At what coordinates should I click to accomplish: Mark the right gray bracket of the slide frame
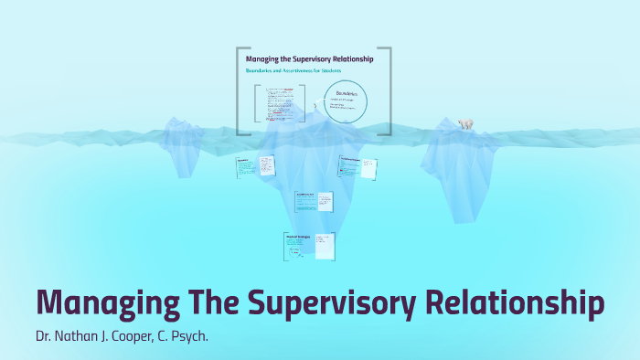click(x=389, y=91)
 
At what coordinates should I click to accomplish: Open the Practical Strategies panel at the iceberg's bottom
click(x=309, y=244)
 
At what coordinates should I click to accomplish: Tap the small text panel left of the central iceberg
click(x=256, y=167)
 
